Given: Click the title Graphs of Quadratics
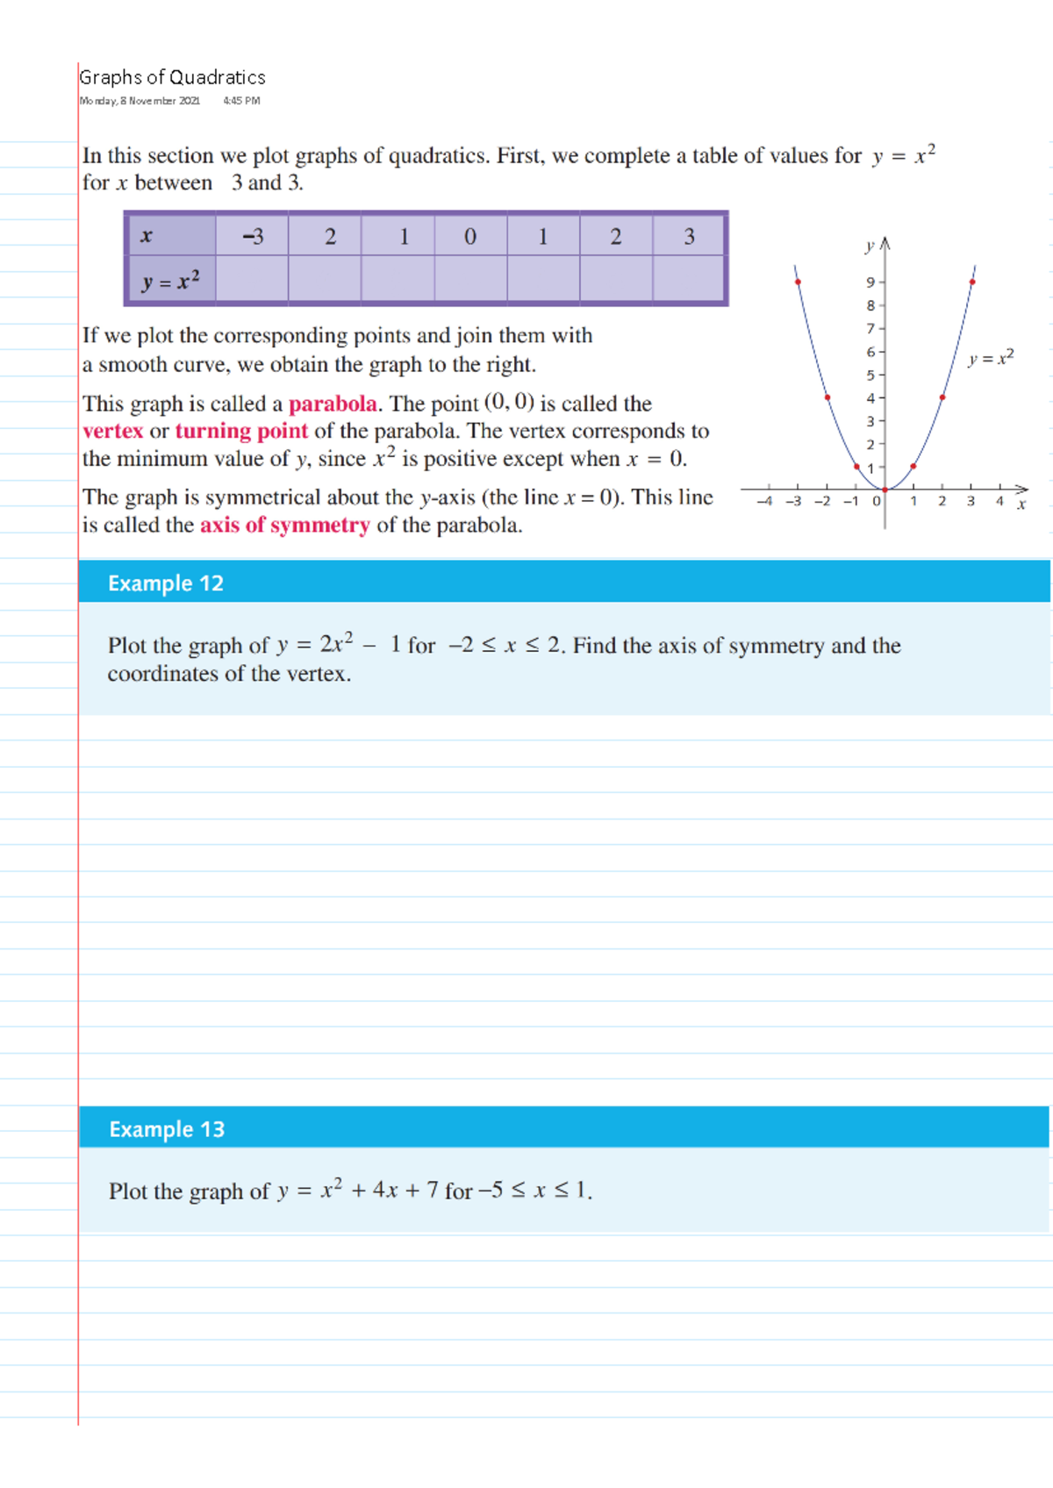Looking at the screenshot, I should click(172, 77).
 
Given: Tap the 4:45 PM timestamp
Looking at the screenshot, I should click(241, 101).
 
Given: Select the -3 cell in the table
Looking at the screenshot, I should click(253, 236).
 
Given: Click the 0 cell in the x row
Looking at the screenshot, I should click(470, 236).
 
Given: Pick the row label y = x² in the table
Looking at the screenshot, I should click(171, 281).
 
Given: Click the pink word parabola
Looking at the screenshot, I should click(333, 404).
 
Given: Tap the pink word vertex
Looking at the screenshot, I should click(112, 431).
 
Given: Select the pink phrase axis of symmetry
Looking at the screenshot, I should click(285, 525).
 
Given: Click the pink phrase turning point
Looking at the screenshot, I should click(241, 431).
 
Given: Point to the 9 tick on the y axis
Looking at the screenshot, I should click(870, 283).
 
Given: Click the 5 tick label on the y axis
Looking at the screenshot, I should click(870, 375).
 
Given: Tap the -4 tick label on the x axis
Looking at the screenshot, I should click(764, 501).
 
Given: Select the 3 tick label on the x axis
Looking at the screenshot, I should click(971, 501).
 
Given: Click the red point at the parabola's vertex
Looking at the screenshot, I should click(885, 490).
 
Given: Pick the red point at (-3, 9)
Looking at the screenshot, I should click(798, 282).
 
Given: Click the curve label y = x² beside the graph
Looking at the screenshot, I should click(991, 357).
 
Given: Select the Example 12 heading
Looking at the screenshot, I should click(166, 583).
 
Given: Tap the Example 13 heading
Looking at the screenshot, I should click(167, 1129).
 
